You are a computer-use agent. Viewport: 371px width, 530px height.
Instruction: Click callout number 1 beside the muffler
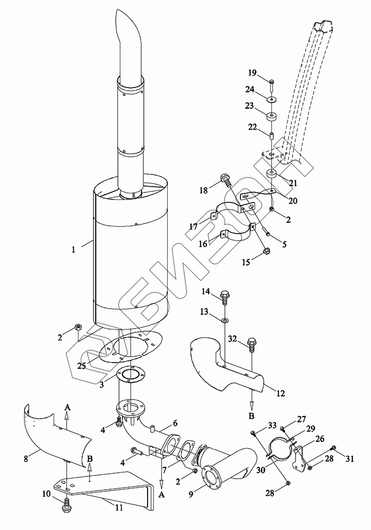(x=73, y=250)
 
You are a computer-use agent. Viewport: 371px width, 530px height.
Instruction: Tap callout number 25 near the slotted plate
(x=82, y=366)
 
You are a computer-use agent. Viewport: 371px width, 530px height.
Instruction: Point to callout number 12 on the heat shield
(x=281, y=393)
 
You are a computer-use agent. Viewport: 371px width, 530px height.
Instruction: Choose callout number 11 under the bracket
(x=119, y=507)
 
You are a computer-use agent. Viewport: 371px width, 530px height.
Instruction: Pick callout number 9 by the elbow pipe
(x=191, y=494)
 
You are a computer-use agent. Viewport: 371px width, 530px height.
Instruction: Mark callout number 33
(x=272, y=426)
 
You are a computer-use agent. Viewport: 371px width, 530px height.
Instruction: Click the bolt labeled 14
(x=225, y=296)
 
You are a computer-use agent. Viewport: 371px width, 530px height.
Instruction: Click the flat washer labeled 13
(x=225, y=319)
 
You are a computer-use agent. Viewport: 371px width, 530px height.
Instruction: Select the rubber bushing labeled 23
(x=271, y=117)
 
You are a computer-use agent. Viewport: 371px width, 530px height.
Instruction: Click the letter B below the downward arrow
(x=251, y=416)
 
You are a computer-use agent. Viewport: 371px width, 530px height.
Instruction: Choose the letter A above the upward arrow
(x=67, y=408)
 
